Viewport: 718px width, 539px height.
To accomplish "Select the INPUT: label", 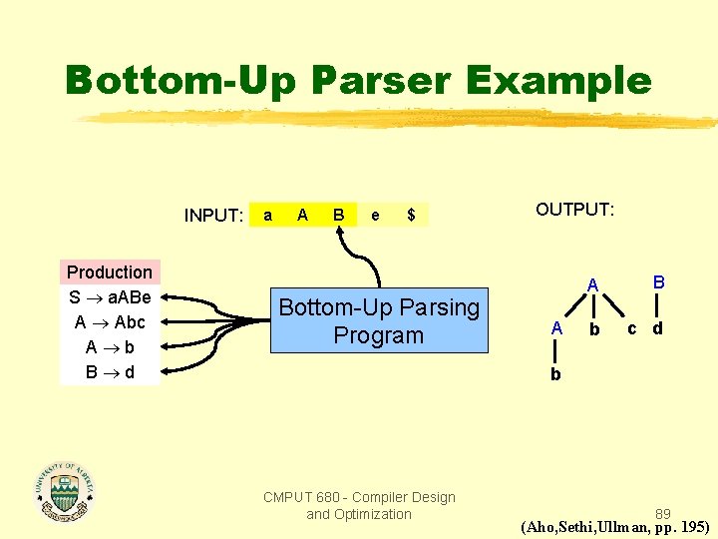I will [213, 216].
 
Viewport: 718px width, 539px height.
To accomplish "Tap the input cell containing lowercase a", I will [266, 215].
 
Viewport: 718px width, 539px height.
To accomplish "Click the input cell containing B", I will [339, 215].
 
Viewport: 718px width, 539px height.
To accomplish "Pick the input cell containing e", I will [375, 215].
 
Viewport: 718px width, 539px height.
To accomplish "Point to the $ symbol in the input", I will [411, 215].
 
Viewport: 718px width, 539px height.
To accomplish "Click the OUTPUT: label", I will [575, 210].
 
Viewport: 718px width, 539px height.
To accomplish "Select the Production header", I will [110, 272].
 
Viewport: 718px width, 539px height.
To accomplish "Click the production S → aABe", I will [110, 297].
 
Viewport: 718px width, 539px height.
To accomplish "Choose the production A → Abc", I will [110, 322].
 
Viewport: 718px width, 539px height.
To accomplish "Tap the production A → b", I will [110, 347].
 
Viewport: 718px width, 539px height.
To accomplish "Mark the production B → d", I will [110, 372].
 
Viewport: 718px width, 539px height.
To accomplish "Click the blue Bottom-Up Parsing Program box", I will [379, 321].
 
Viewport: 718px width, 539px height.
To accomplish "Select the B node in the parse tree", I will [657, 282].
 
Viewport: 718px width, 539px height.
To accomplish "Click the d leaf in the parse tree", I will [657, 328].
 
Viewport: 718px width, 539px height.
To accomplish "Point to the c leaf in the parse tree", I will [631, 327].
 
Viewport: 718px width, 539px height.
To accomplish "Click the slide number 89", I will [663, 514].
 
